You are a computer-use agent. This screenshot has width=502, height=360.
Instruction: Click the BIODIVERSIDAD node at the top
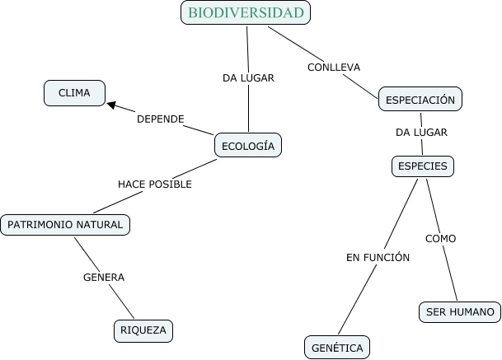click(x=246, y=12)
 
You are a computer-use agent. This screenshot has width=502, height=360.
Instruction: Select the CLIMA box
click(x=74, y=93)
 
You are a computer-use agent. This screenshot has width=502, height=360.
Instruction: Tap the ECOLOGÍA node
click(x=247, y=146)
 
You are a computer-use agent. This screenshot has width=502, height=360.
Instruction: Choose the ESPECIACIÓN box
click(x=420, y=99)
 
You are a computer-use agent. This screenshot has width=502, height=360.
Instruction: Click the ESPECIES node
click(x=423, y=166)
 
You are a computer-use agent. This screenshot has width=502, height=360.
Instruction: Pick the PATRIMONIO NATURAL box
click(x=65, y=224)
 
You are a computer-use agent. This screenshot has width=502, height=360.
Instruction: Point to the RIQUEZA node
click(x=143, y=330)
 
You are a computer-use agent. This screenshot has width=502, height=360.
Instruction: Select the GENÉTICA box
click(x=337, y=348)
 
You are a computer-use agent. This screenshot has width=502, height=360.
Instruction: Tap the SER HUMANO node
click(x=461, y=312)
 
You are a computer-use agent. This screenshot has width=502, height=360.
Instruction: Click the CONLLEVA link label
click(x=334, y=67)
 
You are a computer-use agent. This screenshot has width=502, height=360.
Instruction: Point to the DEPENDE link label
click(x=160, y=119)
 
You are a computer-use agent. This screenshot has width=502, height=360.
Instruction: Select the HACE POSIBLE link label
click(x=155, y=184)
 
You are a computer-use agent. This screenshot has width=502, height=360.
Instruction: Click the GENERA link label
click(x=104, y=277)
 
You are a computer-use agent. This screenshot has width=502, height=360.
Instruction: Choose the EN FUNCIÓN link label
click(x=378, y=257)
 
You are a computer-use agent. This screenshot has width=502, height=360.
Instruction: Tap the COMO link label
click(x=440, y=239)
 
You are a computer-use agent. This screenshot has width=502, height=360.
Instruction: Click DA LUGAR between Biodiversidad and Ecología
click(x=248, y=78)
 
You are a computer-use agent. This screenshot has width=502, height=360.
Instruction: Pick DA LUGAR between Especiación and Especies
click(x=421, y=132)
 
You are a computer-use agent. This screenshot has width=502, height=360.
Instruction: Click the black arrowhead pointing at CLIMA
click(x=111, y=105)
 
